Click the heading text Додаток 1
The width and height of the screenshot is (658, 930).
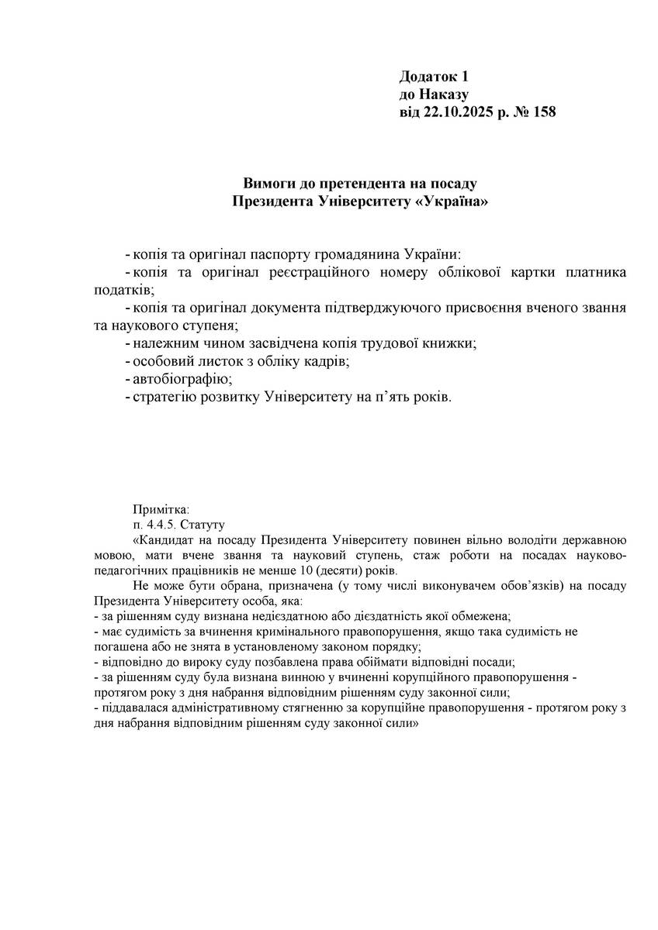[435, 77]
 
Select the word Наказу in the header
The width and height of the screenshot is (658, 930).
[444, 95]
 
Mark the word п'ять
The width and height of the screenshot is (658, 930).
[393, 397]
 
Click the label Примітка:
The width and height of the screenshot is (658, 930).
[161, 509]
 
